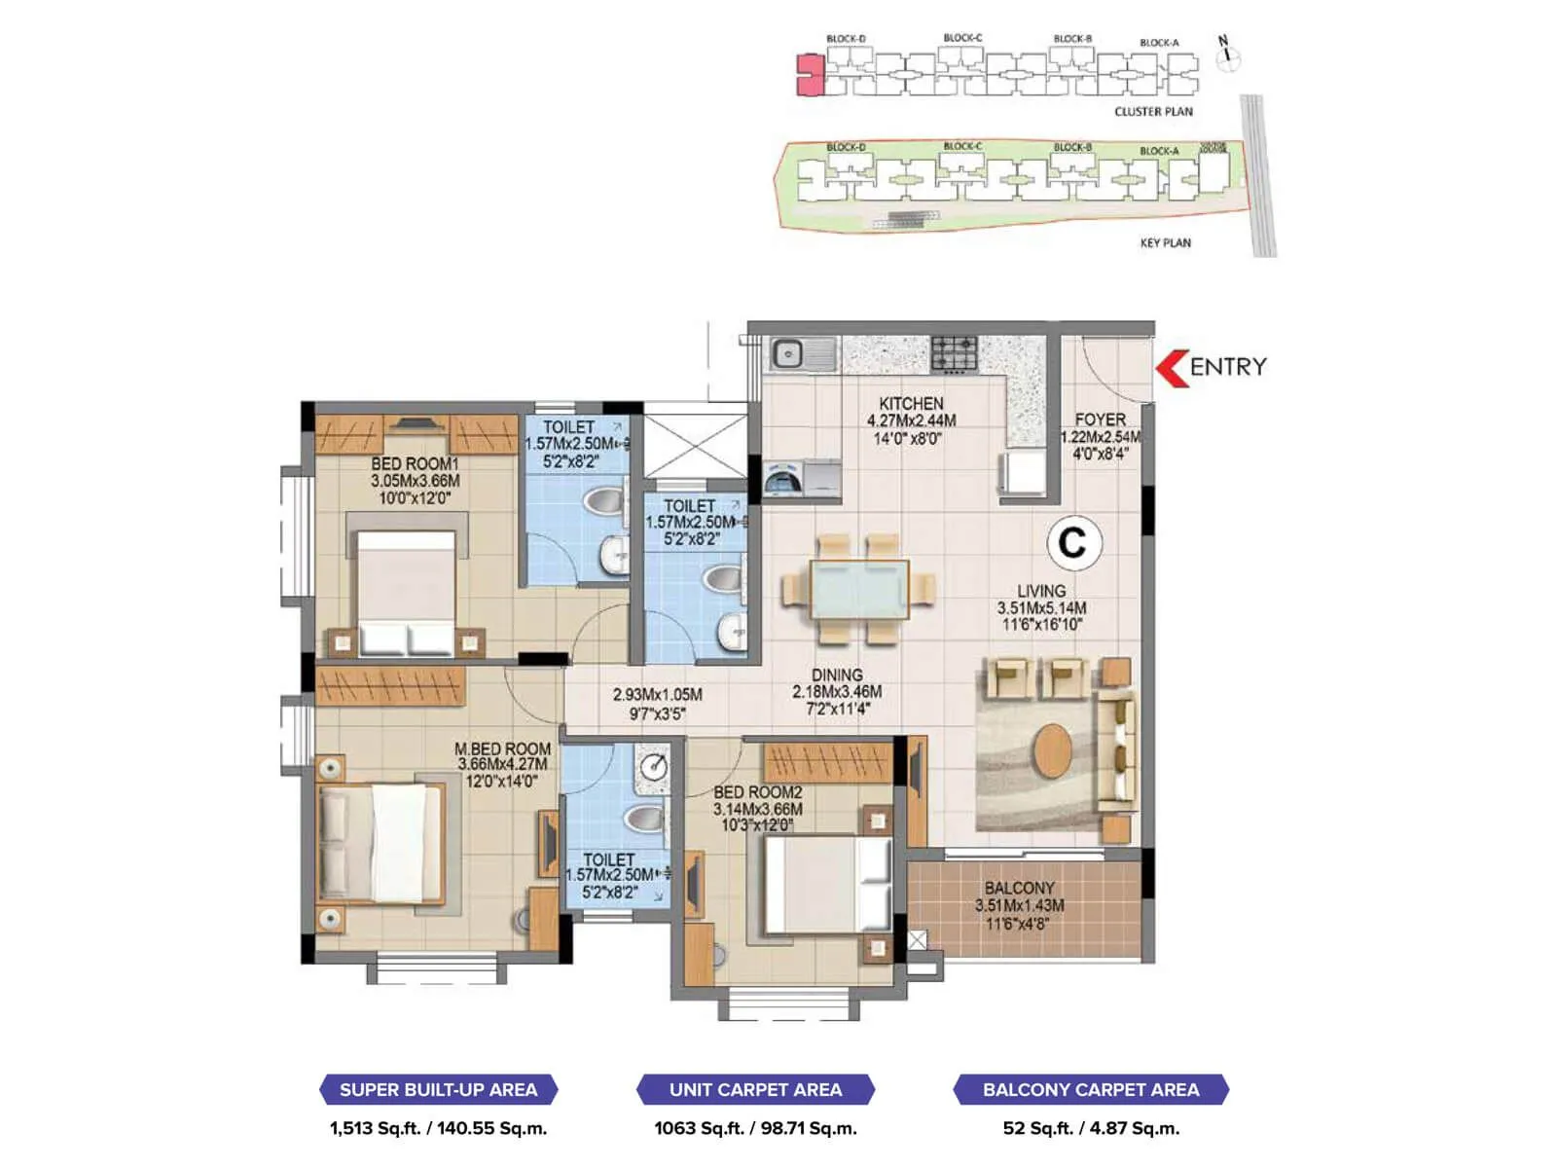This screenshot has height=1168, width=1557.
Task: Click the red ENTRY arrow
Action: pos(1172,368)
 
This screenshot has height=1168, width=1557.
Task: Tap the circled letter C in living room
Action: pos(1073,543)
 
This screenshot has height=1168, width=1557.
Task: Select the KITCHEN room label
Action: pos(911,403)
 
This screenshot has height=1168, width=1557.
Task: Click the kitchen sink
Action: pos(803,354)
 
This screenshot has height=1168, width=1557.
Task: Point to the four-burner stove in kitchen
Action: pos(955,354)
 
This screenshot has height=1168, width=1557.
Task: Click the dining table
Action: pos(859,590)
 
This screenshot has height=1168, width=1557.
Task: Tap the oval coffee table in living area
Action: pos(1053,751)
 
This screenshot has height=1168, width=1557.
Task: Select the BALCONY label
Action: pos(1019,888)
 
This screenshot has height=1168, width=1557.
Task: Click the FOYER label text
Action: pos(1100,420)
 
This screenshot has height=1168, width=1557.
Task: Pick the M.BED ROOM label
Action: pos(502,748)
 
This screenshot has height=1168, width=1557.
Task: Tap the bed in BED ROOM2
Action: pos(826,886)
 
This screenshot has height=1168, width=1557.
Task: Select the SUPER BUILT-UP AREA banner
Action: pos(438,1090)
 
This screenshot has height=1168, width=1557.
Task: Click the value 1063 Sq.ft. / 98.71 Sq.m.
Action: pos(755,1129)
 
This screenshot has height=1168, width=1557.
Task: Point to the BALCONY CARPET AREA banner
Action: pos(1091,1090)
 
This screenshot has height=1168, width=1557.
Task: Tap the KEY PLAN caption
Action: pos(1165,242)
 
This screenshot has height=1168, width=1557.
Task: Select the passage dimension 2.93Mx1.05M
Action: pos(657,695)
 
